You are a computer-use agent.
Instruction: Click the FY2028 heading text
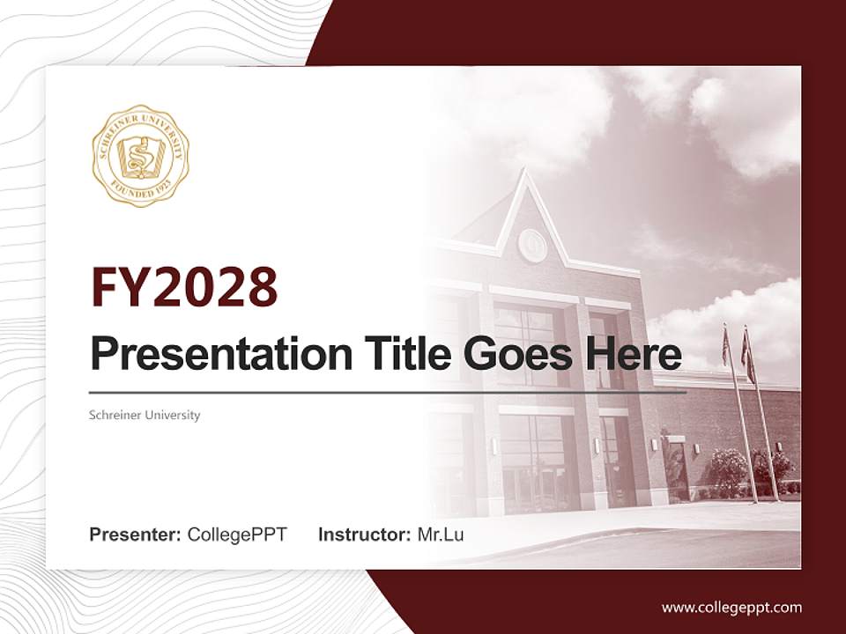click(x=184, y=287)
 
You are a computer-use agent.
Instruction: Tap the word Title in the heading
click(x=387, y=354)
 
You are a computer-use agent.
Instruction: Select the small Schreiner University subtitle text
click(x=145, y=415)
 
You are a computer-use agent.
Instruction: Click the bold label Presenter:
click(x=136, y=534)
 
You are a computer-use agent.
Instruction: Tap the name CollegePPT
click(x=237, y=534)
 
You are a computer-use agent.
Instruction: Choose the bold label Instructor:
click(x=365, y=534)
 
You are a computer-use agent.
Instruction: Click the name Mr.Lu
click(x=441, y=534)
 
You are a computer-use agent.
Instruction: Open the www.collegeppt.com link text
click(x=731, y=607)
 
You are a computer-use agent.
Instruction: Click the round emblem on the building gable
click(x=532, y=245)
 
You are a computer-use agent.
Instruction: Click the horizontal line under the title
click(x=388, y=393)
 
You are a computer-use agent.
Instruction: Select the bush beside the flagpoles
click(x=730, y=471)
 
